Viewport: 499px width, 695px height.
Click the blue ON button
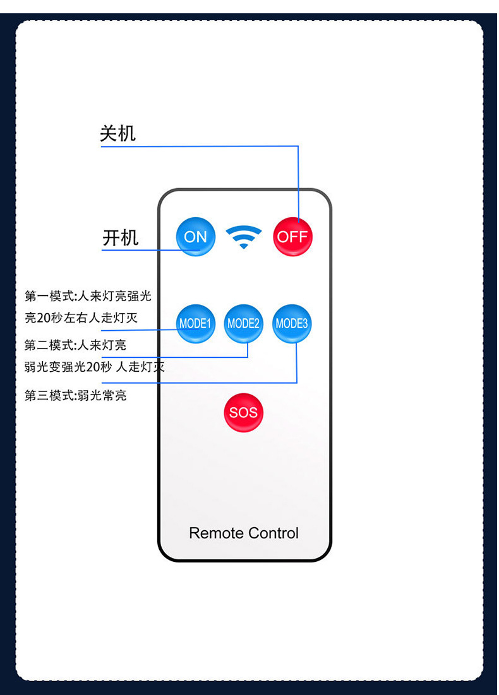click(x=195, y=237)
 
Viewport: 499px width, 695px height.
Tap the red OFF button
click(x=292, y=237)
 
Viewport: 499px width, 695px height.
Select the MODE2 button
click(x=244, y=324)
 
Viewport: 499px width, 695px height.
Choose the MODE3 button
click(x=292, y=324)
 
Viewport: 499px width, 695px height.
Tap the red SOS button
click(x=243, y=413)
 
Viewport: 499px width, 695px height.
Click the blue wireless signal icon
click(x=244, y=236)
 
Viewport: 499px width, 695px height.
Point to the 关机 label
click(x=117, y=134)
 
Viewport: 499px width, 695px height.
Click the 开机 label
click(x=120, y=238)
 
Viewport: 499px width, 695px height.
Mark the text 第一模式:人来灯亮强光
click(x=88, y=295)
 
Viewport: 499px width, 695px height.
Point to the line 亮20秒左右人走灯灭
click(x=81, y=318)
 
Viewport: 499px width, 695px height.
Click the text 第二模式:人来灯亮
click(x=75, y=345)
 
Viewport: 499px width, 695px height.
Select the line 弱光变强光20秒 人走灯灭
click(x=94, y=367)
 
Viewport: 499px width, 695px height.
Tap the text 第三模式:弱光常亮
click(x=75, y=396)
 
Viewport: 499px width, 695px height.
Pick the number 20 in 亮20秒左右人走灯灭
click(x=43, y=318)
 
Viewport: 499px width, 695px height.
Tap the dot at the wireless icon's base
click(x=244, y=246)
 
